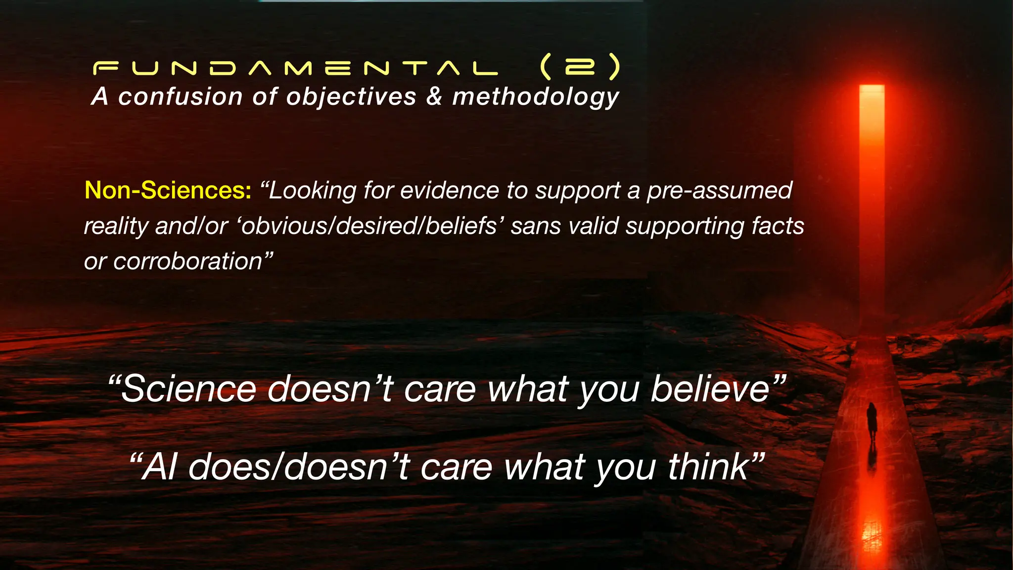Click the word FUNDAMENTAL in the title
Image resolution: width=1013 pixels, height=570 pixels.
click(x=295, y=68)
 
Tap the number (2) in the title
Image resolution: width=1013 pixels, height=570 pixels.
click(x=580, y=67)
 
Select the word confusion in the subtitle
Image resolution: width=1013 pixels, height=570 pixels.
click(x=181, y=96)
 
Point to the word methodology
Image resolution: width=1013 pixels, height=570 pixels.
click(x=536, y=97)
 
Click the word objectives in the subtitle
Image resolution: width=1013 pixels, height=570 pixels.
click(x=351, y=97)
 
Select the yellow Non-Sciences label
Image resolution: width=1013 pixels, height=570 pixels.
click(x=168, y=190)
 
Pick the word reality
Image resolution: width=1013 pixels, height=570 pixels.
click(x=116, y=227)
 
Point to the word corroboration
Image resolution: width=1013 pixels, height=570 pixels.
click(x=187, y=261)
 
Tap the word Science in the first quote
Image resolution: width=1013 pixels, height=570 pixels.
click(x=188, y=389)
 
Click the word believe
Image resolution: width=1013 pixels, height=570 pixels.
click(x=710, y=389)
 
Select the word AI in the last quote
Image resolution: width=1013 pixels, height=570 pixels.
click(x=159, y=467)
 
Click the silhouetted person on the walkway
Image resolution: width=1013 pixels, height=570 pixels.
click(x=872, y=421)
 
